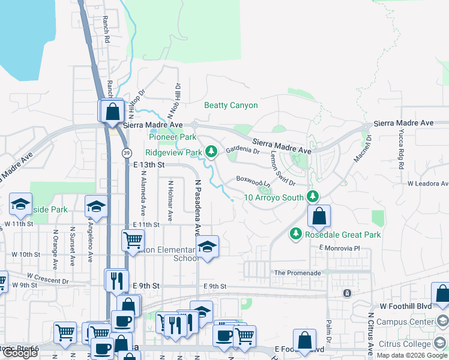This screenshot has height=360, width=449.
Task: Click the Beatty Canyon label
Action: (231, 106)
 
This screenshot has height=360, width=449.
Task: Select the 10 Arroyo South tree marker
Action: (312, 196)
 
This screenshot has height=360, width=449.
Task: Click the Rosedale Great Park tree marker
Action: (295, 234)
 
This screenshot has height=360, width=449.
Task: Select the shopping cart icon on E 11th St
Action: (133, 241)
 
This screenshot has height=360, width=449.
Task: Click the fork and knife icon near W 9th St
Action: (116, 280)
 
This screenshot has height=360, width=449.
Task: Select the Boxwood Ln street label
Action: (250, 179)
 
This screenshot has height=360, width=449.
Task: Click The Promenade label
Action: (297, 273)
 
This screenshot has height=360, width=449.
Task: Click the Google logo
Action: (20, 353)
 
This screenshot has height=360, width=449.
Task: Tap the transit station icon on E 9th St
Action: (346, 293)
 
